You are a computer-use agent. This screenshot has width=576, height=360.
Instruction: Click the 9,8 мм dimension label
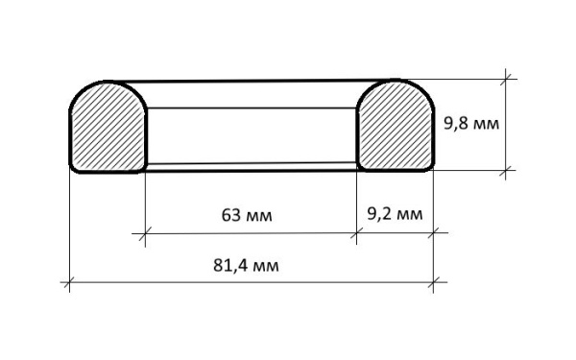(471, 124)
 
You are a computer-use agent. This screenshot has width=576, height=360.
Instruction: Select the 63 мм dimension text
(247, 215)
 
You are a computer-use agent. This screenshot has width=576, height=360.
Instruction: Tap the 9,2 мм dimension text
(395, 214)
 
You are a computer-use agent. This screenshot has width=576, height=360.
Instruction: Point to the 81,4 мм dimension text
(246, 265)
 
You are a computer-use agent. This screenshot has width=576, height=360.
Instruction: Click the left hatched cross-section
(108, 127)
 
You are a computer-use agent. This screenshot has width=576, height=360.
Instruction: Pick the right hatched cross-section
(396, 126)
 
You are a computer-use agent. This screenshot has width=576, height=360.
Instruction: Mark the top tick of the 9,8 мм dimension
(506, 79)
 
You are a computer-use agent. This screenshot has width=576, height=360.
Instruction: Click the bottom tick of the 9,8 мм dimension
(506, 170)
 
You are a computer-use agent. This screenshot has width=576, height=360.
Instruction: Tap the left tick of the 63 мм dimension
(145, 233)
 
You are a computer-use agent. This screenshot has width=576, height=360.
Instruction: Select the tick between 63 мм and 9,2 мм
(356, 233)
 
